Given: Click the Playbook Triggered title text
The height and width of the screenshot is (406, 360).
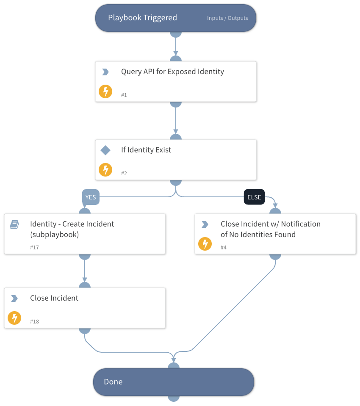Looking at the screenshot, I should tap(142, 18).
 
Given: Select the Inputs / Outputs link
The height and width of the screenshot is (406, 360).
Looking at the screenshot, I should tap(227, 18).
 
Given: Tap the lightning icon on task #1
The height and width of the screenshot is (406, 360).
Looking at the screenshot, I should tap(105, 91).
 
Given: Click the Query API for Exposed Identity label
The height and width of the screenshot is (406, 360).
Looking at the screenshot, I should tap(172, 72).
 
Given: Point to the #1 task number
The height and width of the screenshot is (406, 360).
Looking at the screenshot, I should tap(124, 95).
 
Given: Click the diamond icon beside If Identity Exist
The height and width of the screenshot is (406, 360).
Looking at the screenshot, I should tap(105, 150).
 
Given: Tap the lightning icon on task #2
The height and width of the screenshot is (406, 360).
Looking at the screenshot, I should tap(105, 170).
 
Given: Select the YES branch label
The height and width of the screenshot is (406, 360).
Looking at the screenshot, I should tap(91, 197).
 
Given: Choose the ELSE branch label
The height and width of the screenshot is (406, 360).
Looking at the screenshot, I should tap(254, 197).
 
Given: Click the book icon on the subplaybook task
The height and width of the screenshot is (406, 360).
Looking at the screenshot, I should tap(14, 224).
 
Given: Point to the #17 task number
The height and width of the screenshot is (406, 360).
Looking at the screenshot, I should tap(34, 248).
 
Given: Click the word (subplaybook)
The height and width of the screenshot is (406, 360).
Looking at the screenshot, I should tap(54, 235).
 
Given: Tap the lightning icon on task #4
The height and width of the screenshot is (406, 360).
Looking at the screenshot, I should tap(205, 244).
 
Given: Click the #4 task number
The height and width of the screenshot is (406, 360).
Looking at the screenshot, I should tap(224, 248).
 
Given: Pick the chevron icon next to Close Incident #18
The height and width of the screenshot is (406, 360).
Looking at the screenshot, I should tap(14, 298).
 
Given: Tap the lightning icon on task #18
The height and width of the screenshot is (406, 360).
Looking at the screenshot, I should tap(14, 318).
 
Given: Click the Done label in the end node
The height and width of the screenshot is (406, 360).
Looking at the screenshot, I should tap(113, 382).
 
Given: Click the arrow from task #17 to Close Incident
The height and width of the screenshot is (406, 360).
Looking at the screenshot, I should tap(85, 271).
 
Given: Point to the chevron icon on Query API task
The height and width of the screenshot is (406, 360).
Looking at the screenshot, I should tap(105, 72).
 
